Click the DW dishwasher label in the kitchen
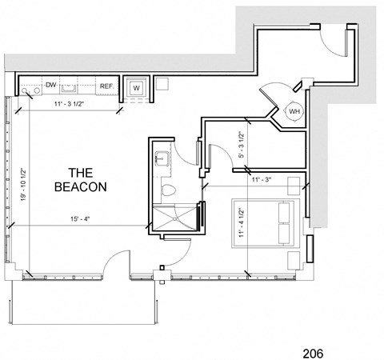50,85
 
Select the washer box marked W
137,86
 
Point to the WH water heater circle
294,111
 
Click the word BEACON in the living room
80,186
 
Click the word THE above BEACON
80,172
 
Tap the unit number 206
314,351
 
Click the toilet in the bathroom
168,189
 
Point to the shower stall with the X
174,217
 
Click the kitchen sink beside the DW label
71,85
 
